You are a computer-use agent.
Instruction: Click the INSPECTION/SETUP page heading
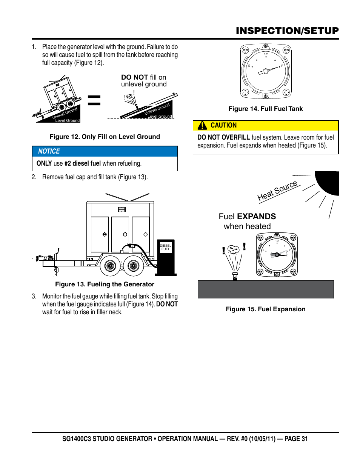coord(287,31)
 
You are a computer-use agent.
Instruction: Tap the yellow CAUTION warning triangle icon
coord(203,125)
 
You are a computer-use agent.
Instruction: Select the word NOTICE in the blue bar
coord(49,151)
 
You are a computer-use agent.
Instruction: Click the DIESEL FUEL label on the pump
coord(166,247)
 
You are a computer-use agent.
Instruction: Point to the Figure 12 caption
coord(105,137)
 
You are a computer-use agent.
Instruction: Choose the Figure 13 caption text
coord(105,284)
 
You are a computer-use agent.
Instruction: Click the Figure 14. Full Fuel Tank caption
coord(266,109)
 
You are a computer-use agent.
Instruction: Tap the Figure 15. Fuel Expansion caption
coord(266,309)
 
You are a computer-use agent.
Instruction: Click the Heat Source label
coord(277,191)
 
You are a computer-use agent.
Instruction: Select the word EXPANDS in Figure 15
coord(257,217)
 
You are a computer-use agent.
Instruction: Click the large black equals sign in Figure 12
coord(94,100)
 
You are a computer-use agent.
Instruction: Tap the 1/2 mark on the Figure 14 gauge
coord(266,54)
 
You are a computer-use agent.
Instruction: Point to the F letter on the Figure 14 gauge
coord(282,66)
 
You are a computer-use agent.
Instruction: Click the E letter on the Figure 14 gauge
coord(249,66)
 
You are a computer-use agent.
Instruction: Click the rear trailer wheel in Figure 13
coord(134,266)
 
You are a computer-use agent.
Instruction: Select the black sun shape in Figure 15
coord(329,182)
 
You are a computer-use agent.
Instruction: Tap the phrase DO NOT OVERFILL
coord(223,137)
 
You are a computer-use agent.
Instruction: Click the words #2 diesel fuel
coord(82,163)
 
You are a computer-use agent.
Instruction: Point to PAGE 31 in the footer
coord(296,439)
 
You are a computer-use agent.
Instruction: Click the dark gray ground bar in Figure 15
coord(266,289)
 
